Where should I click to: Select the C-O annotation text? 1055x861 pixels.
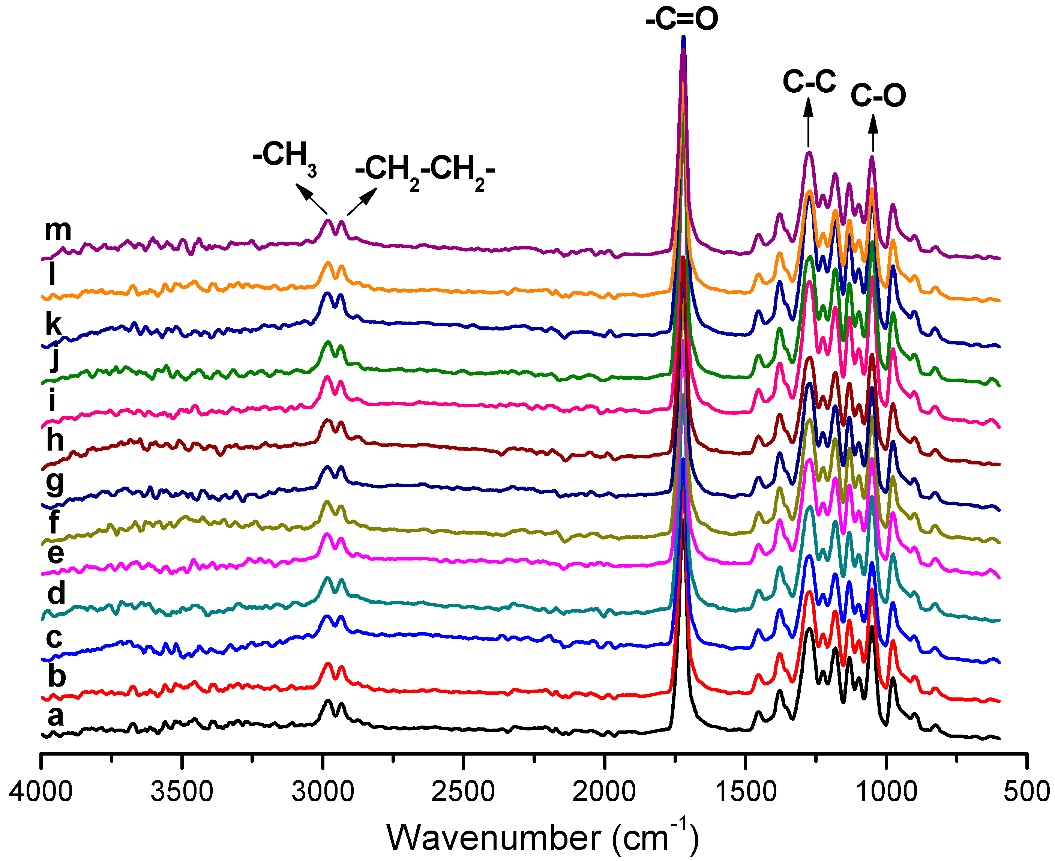coord(878,95)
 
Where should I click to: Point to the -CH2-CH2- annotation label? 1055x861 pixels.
coord(425,171)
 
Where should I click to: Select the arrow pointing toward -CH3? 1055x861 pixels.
coord(311,198)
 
